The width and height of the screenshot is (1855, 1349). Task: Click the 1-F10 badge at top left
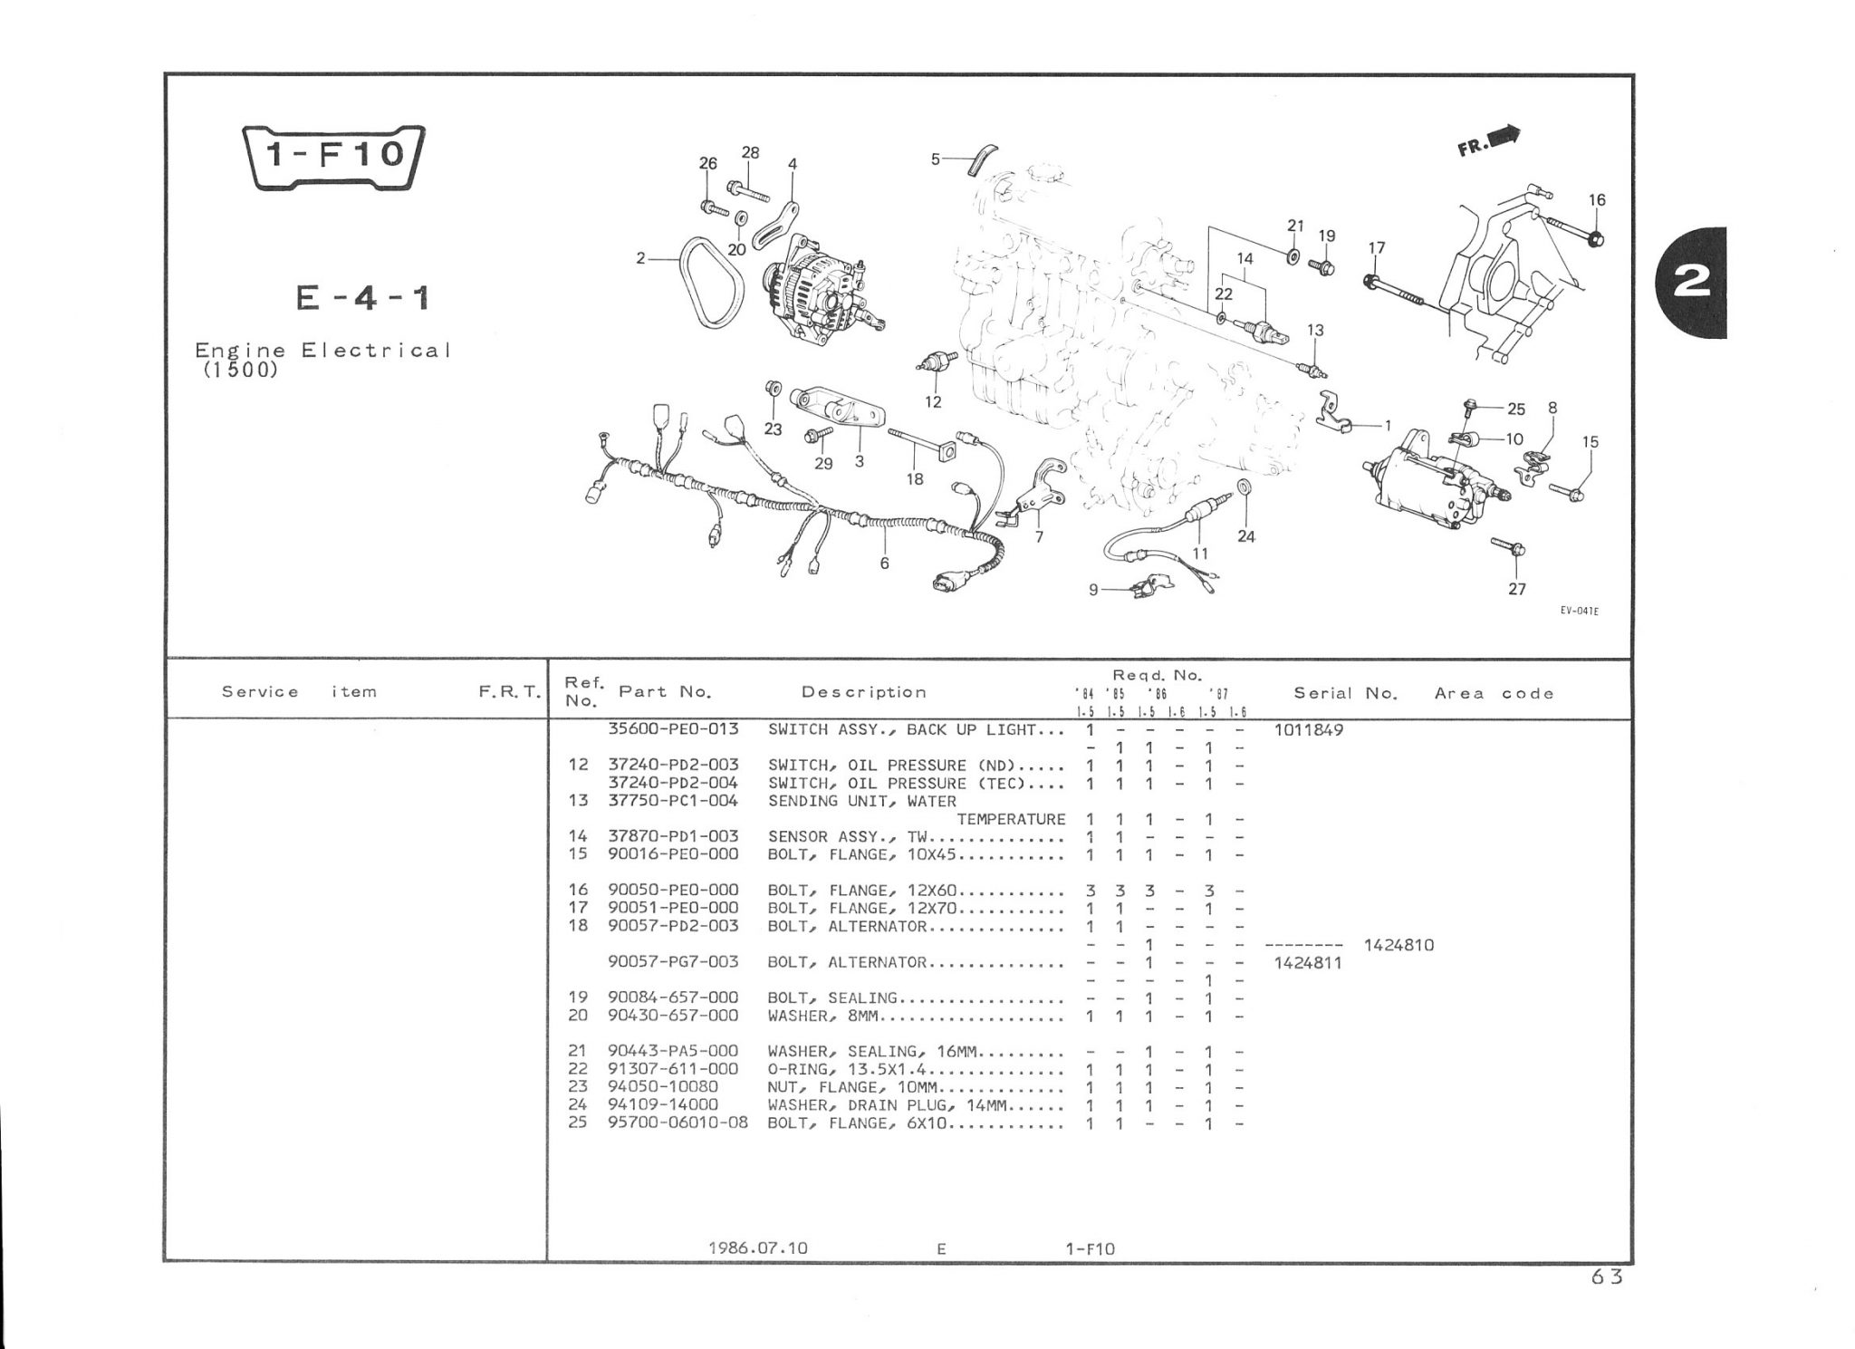(332, 155)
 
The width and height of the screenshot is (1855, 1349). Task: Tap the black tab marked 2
(1695, 282)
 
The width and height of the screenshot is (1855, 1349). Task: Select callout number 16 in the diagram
(1597, 199)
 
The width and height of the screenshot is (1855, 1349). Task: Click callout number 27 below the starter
(1517, 589)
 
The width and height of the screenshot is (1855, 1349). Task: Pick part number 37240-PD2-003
(673, 765)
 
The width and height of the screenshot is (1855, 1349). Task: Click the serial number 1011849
(1308, 729)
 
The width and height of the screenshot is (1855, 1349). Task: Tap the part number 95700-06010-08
(678, 1123)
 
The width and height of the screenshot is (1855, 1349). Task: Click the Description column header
(863, 692)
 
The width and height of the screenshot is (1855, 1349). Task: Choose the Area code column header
(1494, 693)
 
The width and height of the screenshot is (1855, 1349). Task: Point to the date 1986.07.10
(757, 1248)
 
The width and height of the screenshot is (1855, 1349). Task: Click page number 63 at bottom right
(1606, 1277)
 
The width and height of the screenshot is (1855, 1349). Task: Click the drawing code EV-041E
(1579, 611)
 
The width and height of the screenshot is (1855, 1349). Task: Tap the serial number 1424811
(1308, 962)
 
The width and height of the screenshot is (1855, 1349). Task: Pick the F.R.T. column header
(509, 693)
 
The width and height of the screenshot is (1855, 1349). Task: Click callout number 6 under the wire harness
(884, 564)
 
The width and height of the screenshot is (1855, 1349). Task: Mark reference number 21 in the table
(578, 1051)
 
